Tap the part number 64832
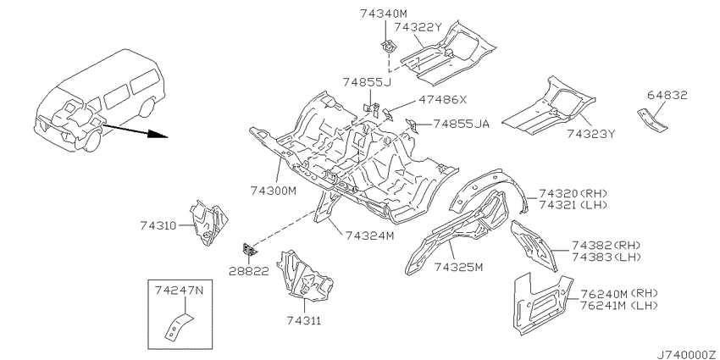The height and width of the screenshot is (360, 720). tap(667, 96)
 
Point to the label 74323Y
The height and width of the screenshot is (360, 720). tap(590, 134)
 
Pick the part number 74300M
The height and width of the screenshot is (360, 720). tap(274, 190)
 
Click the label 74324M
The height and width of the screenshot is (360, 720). tap(369, 235)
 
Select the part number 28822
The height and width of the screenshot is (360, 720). tap(248, 271)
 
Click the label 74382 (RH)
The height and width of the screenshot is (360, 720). tap(606, 245)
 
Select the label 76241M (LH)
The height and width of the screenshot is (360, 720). tap(618, 305)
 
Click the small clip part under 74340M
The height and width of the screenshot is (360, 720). tap(389, 46)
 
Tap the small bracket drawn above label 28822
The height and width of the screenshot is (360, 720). tap(249, 250)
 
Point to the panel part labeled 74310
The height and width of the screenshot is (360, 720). tap(209, 223)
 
